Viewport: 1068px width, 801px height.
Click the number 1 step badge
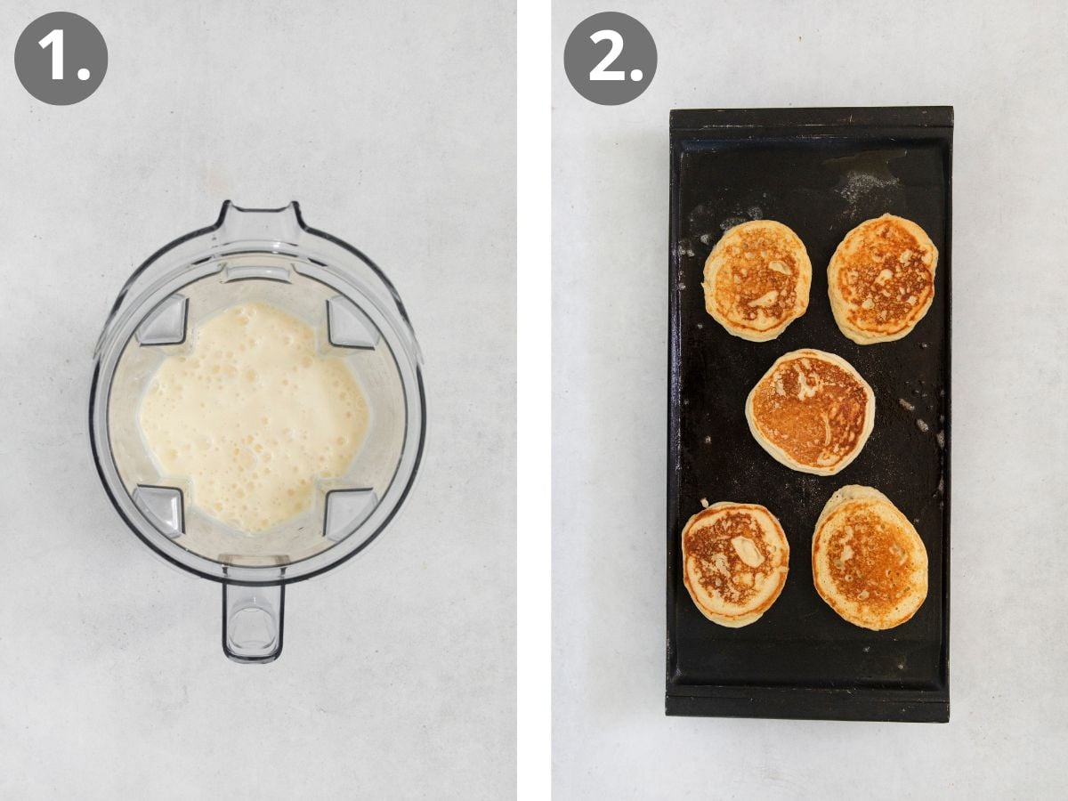pos(61,59)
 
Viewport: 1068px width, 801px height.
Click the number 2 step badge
pos(611,59)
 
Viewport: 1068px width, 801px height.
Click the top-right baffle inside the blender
pos(352,322)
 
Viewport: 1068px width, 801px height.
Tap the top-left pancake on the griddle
pos(757,280)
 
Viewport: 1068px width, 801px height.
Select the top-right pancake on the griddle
pos(882,279)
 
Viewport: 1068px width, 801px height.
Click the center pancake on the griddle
pos(810,412)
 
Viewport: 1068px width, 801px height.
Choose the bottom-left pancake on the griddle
pos(735,564)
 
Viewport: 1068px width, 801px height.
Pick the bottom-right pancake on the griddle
pos(870,557)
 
